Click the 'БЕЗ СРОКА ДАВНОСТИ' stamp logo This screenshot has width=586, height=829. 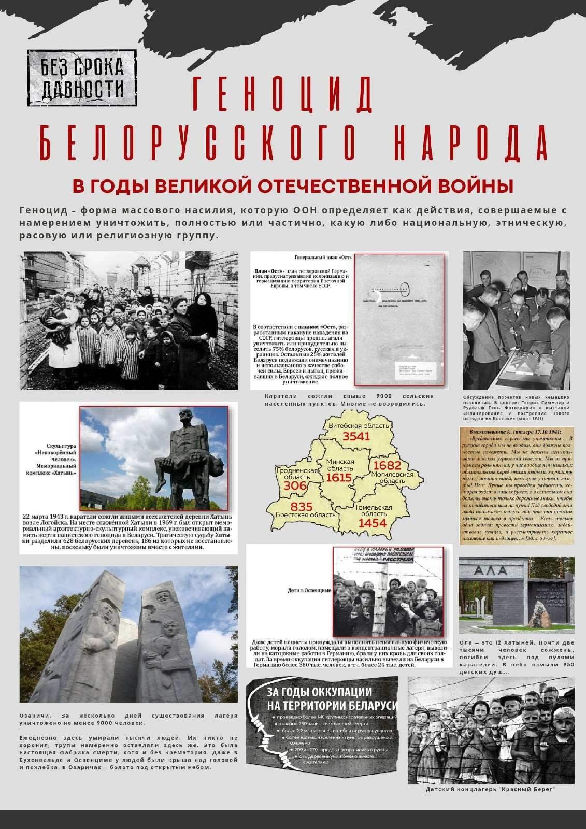[x=82, y=77]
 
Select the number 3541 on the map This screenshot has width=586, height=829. [x=356, y=436]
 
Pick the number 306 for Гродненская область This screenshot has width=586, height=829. [x=295, y=485]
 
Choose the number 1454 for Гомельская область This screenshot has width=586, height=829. [x=373, y=523]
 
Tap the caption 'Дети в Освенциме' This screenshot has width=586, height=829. [x=309, y=590]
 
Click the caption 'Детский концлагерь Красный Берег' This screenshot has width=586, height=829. [x=490, y=804]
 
